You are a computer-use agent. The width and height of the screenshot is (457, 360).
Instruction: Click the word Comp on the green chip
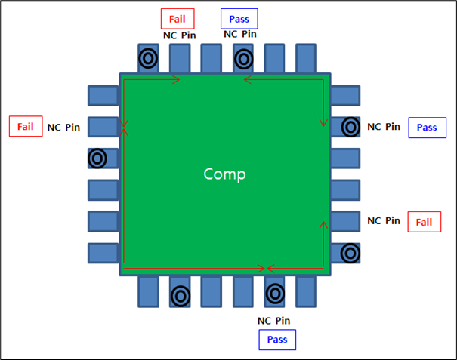[224, 174]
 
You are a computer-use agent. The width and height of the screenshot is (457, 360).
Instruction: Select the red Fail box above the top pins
[178, 18]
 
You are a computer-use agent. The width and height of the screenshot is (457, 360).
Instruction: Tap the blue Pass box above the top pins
[239, 18]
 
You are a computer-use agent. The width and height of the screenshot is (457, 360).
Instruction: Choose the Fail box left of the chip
[26, 125]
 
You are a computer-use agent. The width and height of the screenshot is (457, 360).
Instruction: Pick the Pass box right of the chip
[427, 128]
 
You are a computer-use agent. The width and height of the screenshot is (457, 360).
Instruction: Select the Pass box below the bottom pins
[278, 340]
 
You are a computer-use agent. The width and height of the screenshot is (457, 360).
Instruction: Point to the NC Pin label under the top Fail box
[179, 35]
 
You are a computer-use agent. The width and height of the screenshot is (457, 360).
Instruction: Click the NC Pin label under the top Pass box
[240, 34]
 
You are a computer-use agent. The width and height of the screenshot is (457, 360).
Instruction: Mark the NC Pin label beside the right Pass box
[384, 126]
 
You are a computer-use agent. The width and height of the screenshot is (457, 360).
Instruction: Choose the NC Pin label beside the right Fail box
[384, 221]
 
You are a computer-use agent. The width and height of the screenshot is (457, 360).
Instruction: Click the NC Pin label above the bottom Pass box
[273, 320]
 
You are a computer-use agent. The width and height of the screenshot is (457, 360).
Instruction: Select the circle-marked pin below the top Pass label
[242, 58]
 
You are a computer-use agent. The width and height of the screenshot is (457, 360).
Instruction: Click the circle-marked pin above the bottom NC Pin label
[274, 292]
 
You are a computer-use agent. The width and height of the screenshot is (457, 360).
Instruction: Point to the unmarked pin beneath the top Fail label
[180, 58]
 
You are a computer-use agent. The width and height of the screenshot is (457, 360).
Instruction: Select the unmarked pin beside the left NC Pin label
[103, 127]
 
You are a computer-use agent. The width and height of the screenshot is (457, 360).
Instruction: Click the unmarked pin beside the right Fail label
[346, 221]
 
